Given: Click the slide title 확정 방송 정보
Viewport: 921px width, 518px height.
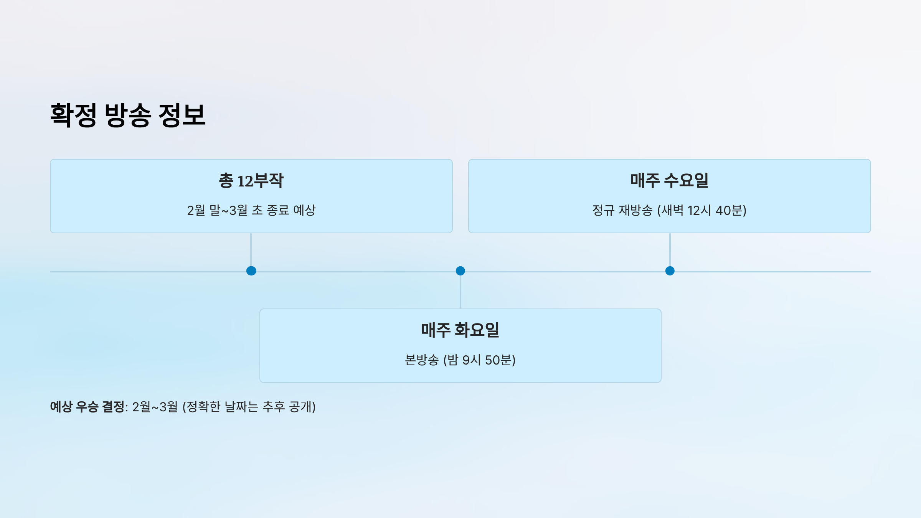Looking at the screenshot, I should pyautogui.click(x=128, y=115).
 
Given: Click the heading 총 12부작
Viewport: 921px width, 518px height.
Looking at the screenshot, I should pyautogui.click(x=251, y=180).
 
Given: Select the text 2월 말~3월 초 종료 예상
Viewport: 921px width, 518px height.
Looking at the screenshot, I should pyautogui.click(x=251, y=210).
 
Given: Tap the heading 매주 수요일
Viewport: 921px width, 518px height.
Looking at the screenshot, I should pyautogui.click(x=669, y=180).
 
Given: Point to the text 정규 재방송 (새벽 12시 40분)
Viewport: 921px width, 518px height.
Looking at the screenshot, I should pyautogui.click(x=669, y=210).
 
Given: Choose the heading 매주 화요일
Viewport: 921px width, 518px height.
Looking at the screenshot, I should pyautogui.click(x=460, y=330).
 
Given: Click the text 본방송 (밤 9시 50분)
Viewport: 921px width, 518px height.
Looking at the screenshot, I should pyautogui.click(x=460, y=360).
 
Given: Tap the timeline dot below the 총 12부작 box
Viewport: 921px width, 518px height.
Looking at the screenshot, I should pyautogui.click(x=251, y=271).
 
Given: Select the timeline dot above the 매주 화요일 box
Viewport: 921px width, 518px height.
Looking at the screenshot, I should pyautogui.click(x=460, y=271).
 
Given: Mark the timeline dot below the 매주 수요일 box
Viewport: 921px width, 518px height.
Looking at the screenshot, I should pyautogui.click(x=670, y=271).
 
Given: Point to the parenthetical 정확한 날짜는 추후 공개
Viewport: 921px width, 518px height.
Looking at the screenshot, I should pyautogui.click(x=249, y=407).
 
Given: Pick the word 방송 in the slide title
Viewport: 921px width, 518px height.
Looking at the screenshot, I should pyautogui.click(x=128, y=115).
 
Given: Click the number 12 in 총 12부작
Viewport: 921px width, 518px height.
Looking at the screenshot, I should pyautogui.click(x=245, y=181).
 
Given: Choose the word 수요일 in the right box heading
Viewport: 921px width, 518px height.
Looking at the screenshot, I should pyautogui.click(x=686, y=180).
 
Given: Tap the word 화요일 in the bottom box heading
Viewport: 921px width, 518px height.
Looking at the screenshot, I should pyautogui.click(x=477, y=330).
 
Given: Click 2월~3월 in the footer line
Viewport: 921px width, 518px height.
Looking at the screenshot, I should pyautogui.click(x=155, y=407).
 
